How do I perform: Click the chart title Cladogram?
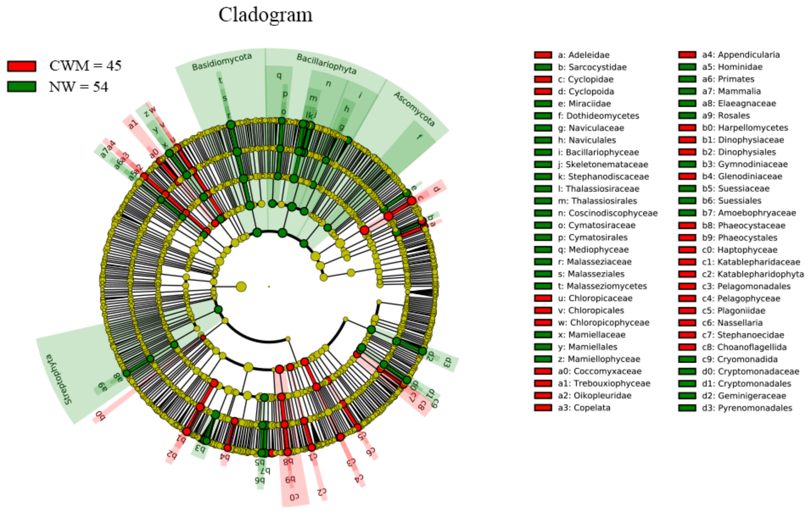(x=265, y=15)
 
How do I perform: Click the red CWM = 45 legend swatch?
(x=21, y=66)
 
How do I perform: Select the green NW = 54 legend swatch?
(x=21, y=87)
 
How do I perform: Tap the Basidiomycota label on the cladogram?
(x=222, y=61)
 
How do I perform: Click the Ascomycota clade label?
(x=415, y=109)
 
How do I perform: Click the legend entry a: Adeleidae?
(x=583, y=55)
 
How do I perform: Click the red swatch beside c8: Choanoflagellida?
(x=687, y=347)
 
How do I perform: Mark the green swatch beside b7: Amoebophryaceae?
(x=687, y=213)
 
